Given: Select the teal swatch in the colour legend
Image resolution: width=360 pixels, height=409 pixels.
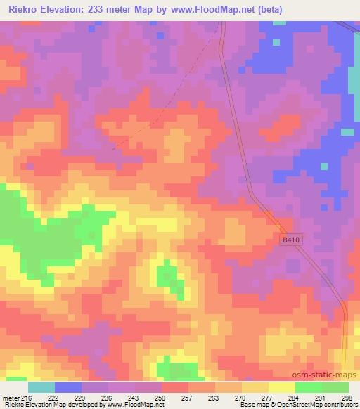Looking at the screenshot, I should pos(41,387).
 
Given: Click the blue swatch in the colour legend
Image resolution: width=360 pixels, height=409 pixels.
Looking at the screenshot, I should pos(68,387).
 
